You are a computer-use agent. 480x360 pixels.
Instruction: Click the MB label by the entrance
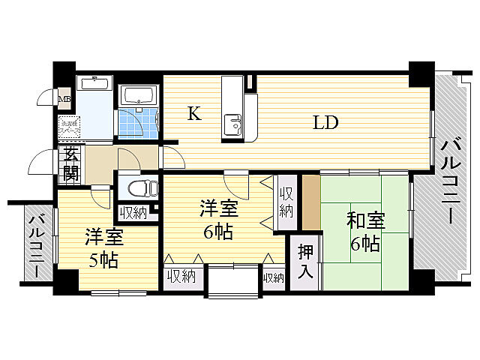point(65,98)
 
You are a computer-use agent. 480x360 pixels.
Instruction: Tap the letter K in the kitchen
point(193,114)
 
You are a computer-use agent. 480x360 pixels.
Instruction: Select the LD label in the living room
point(325,122)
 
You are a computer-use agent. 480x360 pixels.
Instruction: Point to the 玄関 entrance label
point(71,164)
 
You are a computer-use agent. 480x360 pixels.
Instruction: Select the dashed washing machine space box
point(69,127)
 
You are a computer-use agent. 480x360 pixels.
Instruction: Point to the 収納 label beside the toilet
point(133,213)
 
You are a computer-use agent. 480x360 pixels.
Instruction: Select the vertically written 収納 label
point(286,201)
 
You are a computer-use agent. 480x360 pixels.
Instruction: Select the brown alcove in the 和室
point(310,203)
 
